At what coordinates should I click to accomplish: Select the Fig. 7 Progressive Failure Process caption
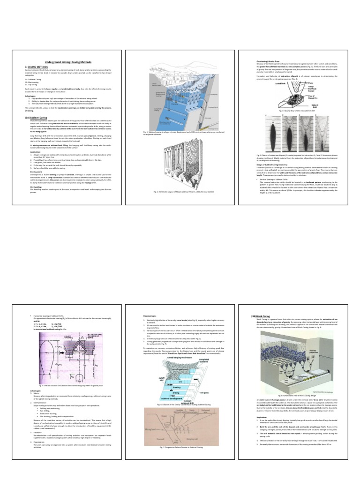click(x=180, y=448)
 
